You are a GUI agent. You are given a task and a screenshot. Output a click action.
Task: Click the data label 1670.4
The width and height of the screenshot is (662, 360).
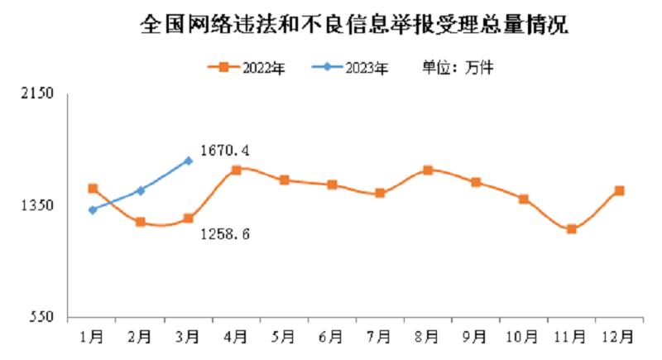pos(225,151)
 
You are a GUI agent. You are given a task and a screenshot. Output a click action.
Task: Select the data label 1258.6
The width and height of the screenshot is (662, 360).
pos(225,235)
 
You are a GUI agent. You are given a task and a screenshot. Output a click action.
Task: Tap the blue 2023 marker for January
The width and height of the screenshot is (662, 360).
pos(93,210)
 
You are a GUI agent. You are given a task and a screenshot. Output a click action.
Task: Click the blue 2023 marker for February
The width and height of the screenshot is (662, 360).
pos(141,191)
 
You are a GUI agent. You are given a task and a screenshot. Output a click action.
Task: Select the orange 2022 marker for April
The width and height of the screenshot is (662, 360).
pos(236,170)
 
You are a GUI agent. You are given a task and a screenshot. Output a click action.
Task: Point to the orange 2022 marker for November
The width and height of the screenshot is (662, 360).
pos(571,229)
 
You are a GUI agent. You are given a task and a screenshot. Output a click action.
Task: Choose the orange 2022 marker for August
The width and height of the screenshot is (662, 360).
pos(428,170)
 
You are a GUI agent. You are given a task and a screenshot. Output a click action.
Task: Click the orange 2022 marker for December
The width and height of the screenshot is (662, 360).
pos(619,191)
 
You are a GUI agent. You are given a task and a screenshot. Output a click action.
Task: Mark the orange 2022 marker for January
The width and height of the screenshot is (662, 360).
pos(93,189)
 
